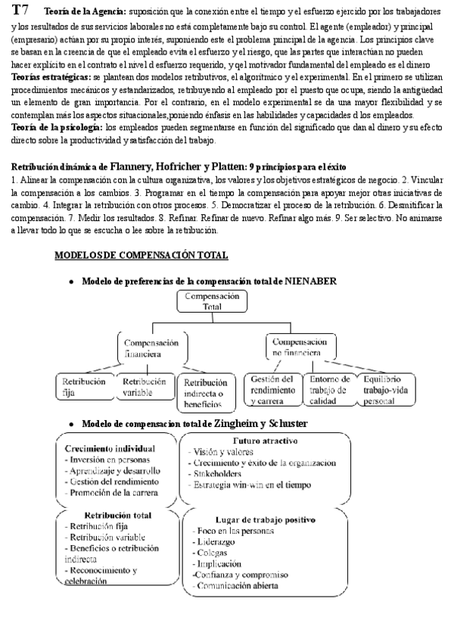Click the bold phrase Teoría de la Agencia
tap(86, 13)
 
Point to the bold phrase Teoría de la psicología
tap(57, 126)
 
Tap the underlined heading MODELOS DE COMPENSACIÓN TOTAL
tap(141, 255)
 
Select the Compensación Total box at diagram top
tap(213, 301)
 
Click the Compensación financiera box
tap(152, 347)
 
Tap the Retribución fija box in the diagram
tap(84, 387)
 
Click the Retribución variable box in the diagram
tap(144, 387)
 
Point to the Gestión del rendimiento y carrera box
tap(271, 389)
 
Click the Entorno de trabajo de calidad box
tap(330, 389)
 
